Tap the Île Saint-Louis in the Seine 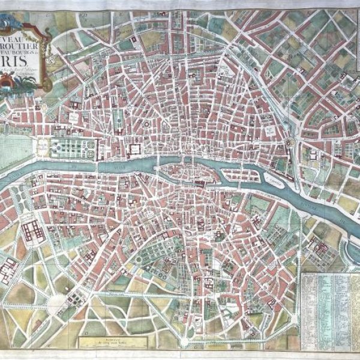coord(241,176)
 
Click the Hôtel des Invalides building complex coord(31,230)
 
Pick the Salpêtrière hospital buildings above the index coord(318,246)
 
